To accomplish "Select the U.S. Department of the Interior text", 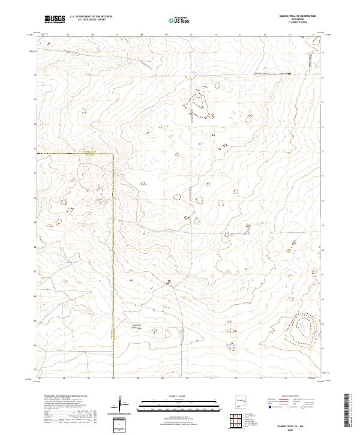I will coord(91,17).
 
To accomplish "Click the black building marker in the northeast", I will coord(290,74).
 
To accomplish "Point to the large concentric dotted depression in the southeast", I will coord(299,329).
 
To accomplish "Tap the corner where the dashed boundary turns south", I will coord(113,154).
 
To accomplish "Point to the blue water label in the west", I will coord(72,262).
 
